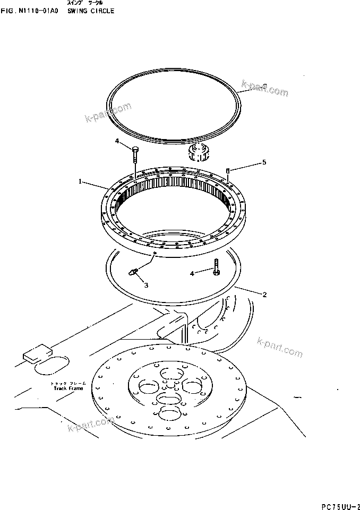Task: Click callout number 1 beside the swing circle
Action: click(80, 181)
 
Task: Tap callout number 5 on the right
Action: click(264, 162)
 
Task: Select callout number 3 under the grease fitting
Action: click(146, 285)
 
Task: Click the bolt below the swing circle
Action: click(217, 267)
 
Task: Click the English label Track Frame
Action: click(66, 388)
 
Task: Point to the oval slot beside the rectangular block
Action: click(52, 366)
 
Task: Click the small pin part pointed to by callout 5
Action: click(228, 171)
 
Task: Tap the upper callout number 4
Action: click(117, 141)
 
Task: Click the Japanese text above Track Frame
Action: click(66, 383)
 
